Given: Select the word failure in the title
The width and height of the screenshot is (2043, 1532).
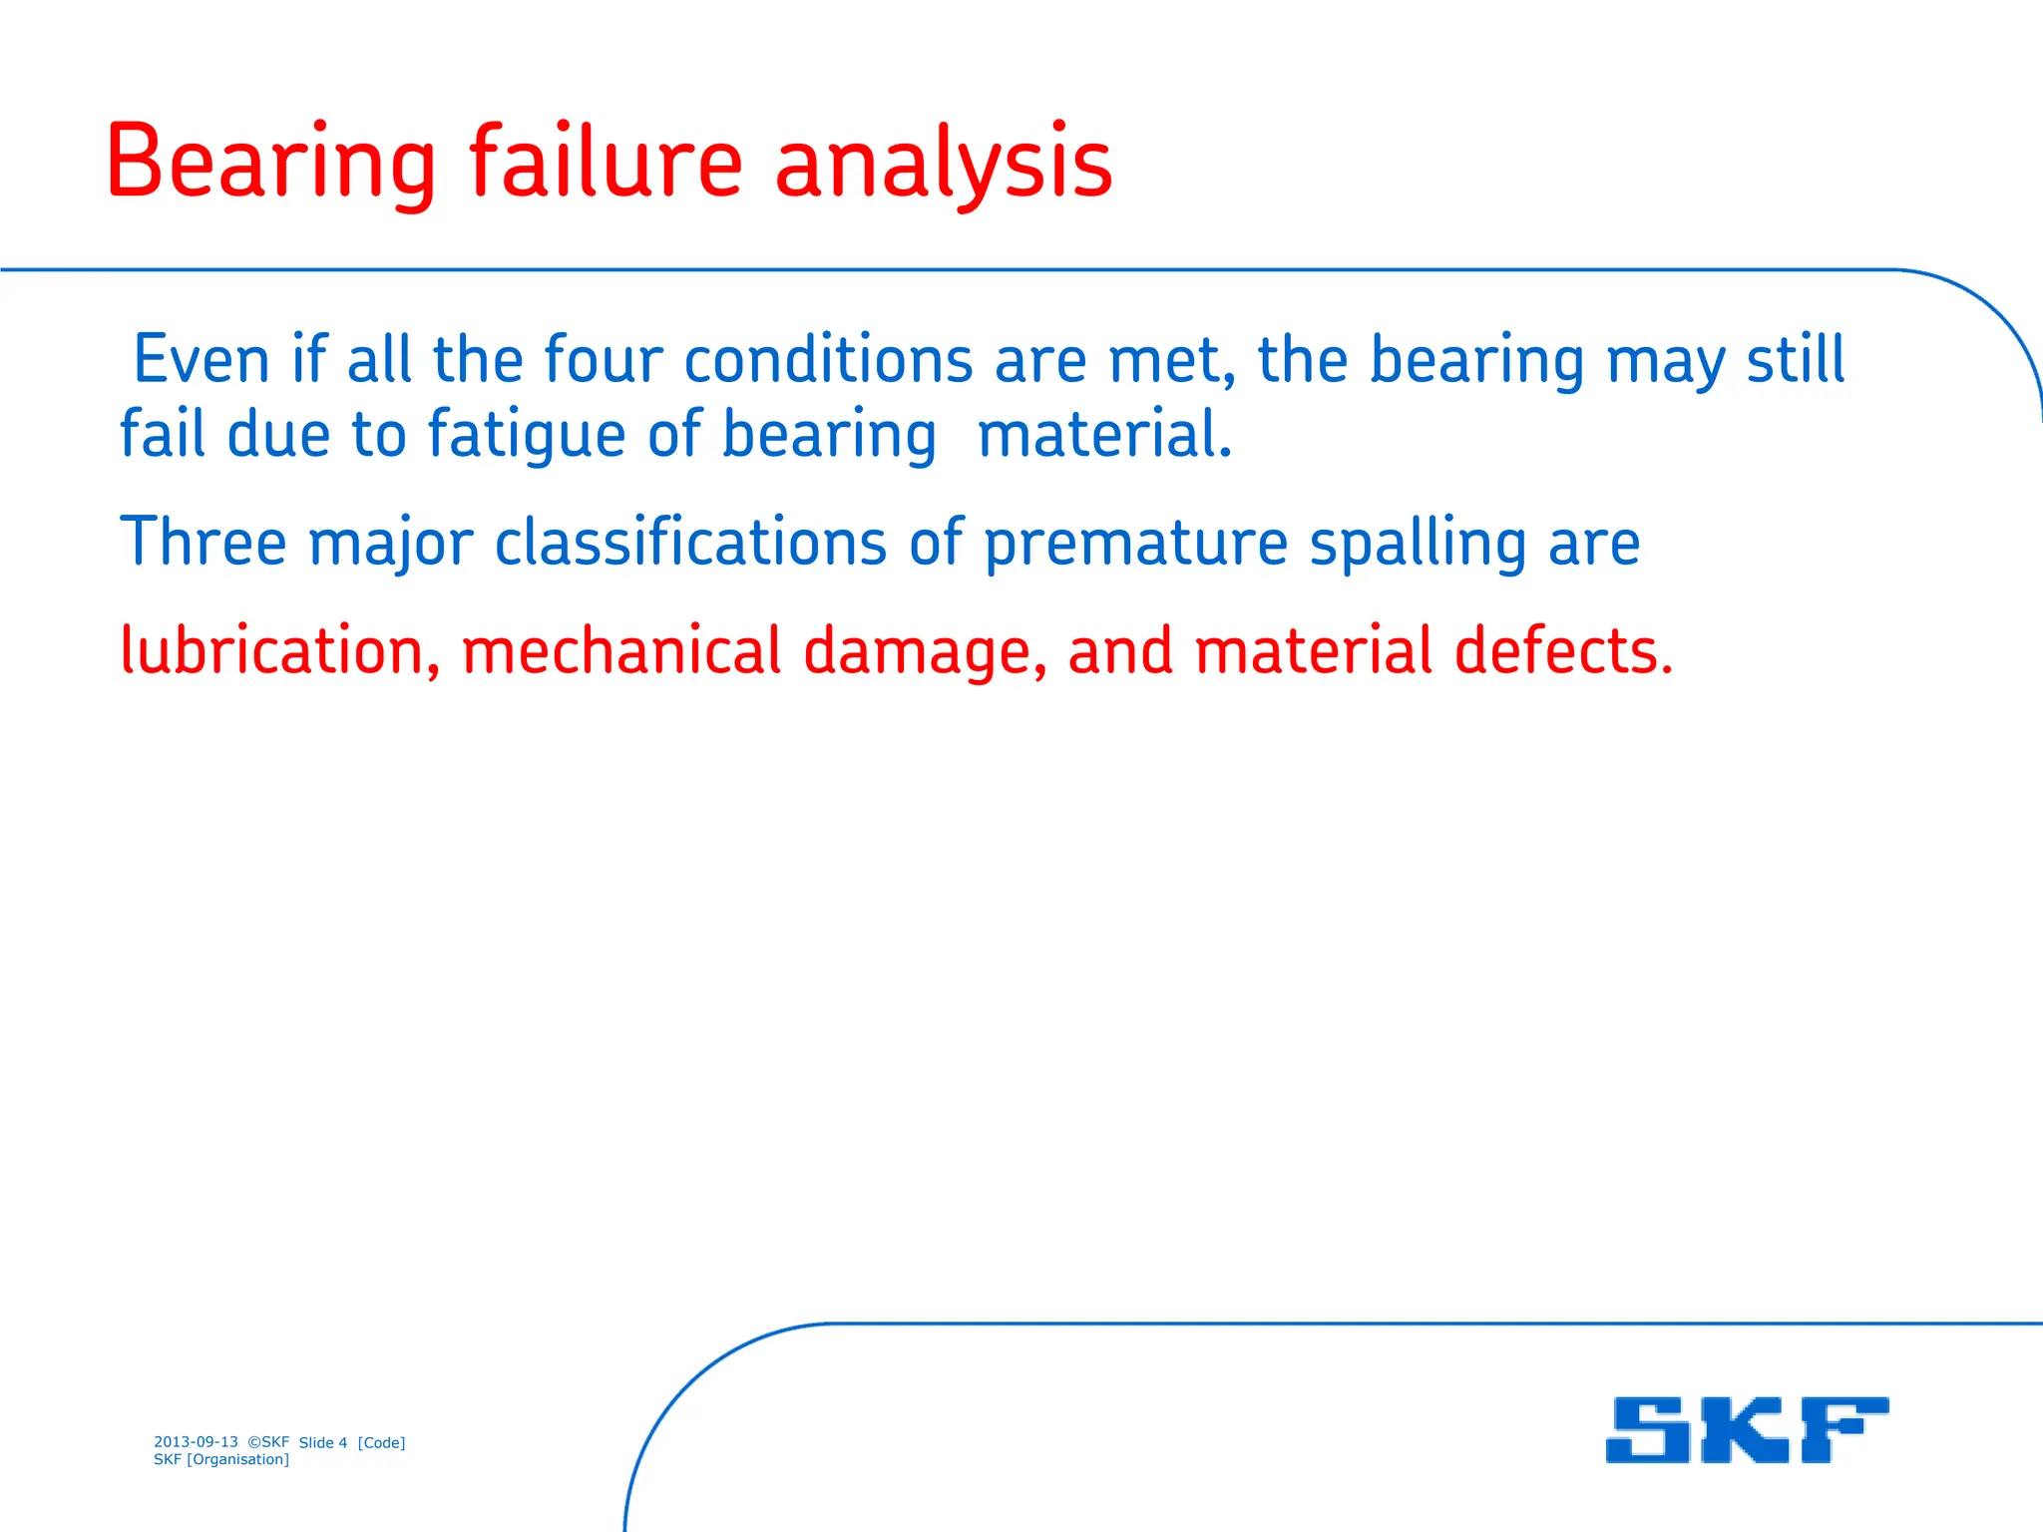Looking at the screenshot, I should (x=606, y=163).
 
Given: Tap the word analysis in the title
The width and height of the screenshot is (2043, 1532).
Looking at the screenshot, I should (x=943, y=163).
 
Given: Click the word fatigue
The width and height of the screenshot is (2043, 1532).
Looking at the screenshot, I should (x=527, y=436).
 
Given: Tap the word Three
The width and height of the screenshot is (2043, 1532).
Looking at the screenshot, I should (x=204, y=543).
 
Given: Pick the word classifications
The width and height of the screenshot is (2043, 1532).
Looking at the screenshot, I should (x=690, y=543).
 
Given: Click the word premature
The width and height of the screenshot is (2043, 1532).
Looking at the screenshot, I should (x=1135, y=543).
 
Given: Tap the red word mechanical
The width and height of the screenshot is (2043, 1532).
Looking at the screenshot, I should (x=621, y=650).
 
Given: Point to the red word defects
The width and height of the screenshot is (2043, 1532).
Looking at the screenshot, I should (x=1563, y=650).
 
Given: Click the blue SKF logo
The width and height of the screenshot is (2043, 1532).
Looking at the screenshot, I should (x=1747, y=1429).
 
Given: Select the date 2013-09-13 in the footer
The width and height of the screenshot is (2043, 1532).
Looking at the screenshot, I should (x=196, y=1441).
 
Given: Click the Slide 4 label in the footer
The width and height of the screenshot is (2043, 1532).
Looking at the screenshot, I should (x=323, y=1442).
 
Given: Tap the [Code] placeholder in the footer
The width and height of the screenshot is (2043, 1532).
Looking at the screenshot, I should (x=381, y=1442).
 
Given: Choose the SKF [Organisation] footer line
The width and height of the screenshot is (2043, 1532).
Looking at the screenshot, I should (x=221, y=1459).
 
